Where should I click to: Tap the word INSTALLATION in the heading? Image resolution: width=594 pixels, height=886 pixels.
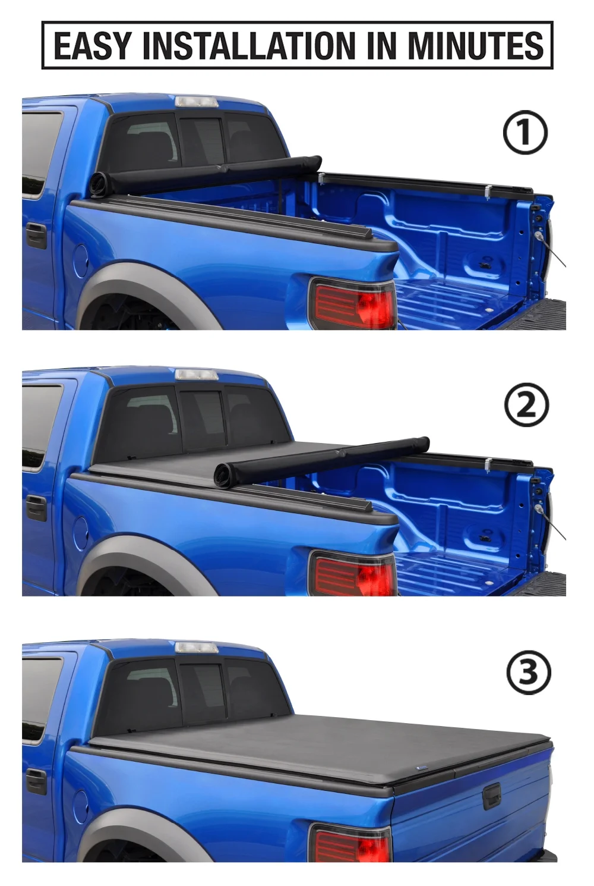pos(251,46)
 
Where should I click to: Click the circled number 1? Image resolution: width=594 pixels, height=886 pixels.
pos(525,133)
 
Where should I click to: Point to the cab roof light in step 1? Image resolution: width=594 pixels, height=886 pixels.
pos(197,102)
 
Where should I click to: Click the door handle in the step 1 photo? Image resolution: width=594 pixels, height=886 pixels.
pos(36,237)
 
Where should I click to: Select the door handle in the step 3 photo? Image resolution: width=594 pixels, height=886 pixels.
pos(36,782)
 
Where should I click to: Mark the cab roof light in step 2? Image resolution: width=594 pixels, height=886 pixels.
pos(197,375)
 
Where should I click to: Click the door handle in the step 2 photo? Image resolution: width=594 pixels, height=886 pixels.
pos(36,509)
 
